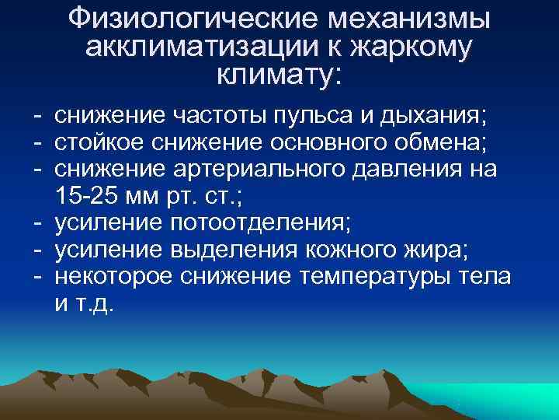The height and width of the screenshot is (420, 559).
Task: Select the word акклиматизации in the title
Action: coord(203,47)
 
